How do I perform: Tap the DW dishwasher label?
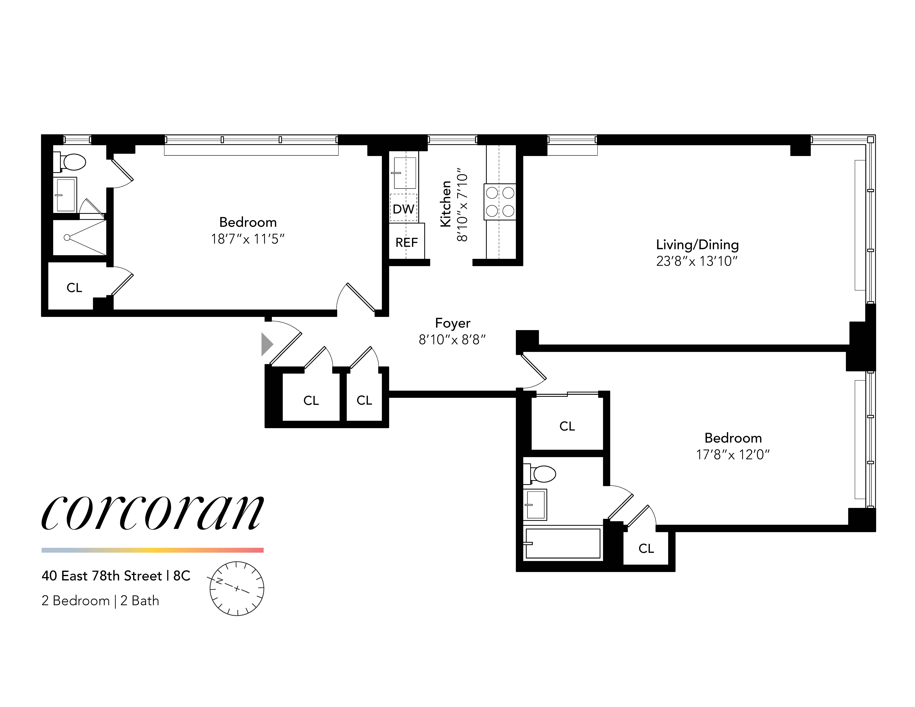pyautogui.click(x=403, y=209)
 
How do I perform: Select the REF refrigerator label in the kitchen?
pyautogui.click(x=406, y=242)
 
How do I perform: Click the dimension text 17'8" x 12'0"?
pyautogui.click(x=733, y=455)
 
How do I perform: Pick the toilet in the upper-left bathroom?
pyautogui.click(x=71, y=162)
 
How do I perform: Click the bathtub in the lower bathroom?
pyautogui.click(x=563, y=543)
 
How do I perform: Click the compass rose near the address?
pyautogui.click(x=237, y=588)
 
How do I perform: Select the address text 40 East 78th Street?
pyautogui.click(x=102, y=576)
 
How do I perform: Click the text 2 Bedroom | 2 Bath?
pyautogui.click(x=101, y=601)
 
